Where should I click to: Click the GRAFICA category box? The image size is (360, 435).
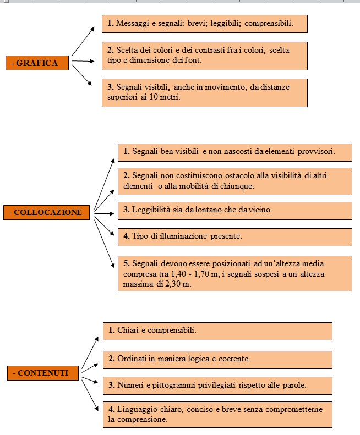37,63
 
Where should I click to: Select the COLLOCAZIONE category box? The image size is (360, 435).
46,212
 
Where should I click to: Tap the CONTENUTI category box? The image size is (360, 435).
43,373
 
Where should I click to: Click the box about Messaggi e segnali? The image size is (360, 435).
205,24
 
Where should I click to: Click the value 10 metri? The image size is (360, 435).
165,97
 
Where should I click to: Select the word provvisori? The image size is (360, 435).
316,151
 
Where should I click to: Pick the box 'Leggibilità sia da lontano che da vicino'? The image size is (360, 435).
235,211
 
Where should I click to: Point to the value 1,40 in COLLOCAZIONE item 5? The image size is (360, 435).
178,274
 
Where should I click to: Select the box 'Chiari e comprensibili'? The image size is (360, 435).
217,331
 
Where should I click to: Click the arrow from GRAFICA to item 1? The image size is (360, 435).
83,41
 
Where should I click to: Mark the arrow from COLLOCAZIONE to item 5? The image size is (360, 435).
105,244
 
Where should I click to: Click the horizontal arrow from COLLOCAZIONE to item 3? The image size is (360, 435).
104,213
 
